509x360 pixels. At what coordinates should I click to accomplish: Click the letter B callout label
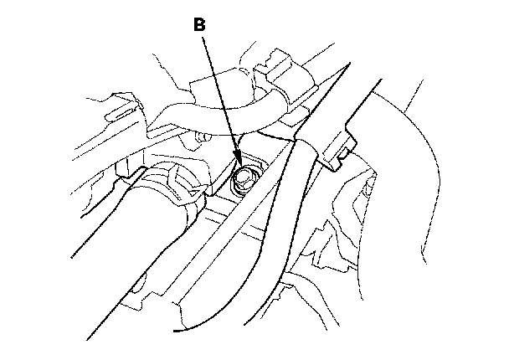tap(199, 25)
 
